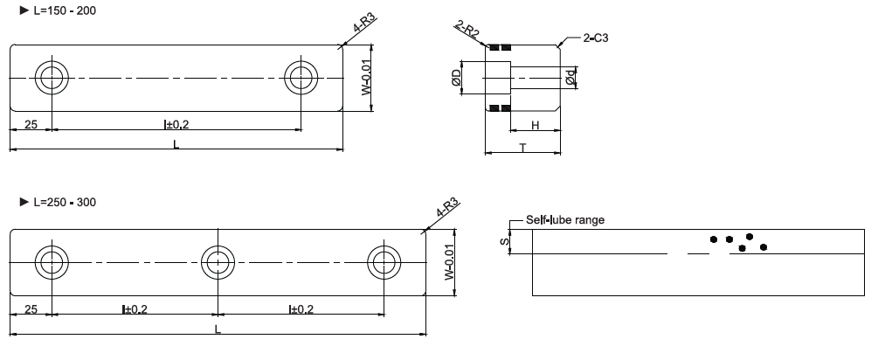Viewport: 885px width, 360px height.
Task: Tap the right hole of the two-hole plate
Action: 302,77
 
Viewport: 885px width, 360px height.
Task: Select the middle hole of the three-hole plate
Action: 218,261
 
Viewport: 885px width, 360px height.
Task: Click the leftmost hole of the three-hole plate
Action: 52,261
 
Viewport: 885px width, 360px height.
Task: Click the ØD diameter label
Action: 469,78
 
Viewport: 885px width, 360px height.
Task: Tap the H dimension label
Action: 535,127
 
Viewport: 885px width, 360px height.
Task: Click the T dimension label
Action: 522,148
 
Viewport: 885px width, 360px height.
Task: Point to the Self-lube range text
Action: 564,219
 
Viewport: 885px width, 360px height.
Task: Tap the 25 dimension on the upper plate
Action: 31,125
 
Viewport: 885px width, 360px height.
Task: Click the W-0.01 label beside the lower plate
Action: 448,261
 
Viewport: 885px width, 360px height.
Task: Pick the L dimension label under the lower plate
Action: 218,329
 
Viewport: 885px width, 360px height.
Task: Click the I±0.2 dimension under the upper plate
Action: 176,125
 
